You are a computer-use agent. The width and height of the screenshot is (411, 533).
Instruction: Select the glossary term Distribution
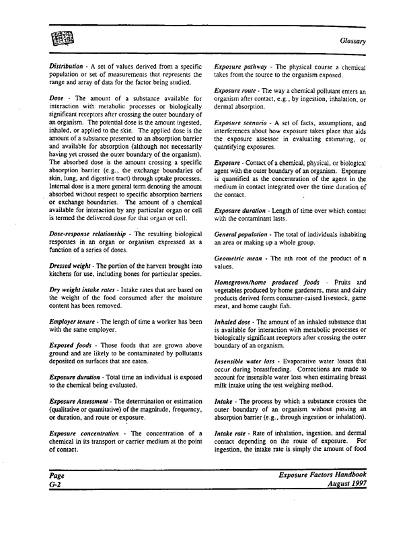click(64, 68)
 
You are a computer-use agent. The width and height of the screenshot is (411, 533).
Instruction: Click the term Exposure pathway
click(242, 68)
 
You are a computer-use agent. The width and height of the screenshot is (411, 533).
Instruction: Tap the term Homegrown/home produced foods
click(271, 281)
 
